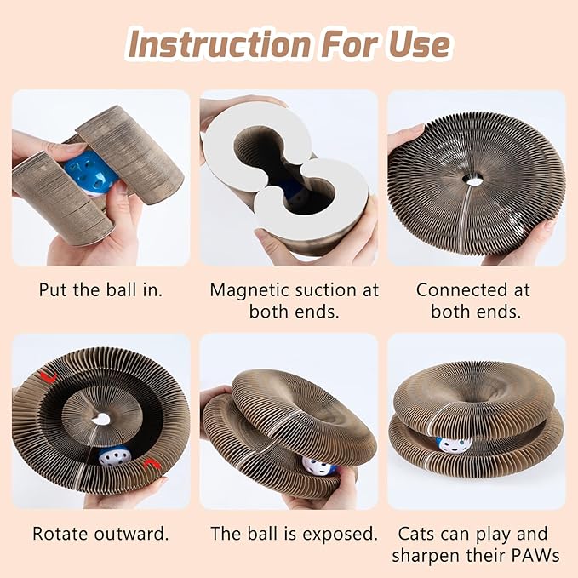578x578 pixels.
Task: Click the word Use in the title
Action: pos(418,43)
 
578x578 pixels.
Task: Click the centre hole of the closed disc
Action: pos(473,179)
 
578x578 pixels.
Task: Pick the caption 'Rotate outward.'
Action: pos(100,535)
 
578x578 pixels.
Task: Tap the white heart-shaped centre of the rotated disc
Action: pos(101,419)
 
